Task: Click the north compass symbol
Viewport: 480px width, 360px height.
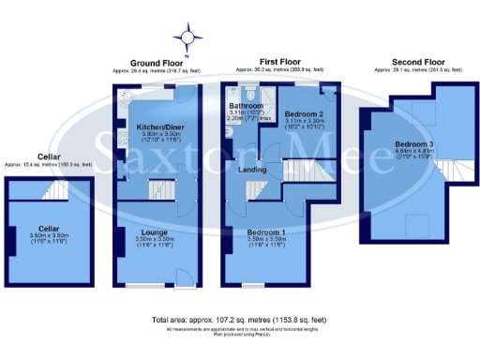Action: click(x=192, y=37)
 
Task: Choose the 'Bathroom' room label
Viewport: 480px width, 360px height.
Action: click(x=246, y=106)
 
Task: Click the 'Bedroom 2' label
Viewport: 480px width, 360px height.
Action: click(x=300, y=113)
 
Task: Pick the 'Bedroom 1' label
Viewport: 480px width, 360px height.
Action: click(x=267, y=232)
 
